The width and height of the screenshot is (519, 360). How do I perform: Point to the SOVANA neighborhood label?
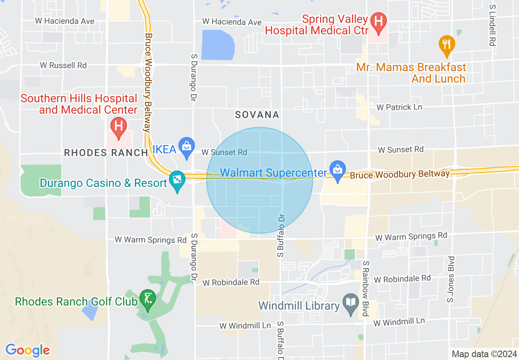pos(257,115)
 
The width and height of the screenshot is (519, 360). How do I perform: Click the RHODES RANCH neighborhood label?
pos(106,153)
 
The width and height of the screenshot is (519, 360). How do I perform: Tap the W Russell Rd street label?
pos(63,65)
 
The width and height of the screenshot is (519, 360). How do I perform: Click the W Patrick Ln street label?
pos(399,107)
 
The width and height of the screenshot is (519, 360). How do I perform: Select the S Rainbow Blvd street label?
pos(366,289)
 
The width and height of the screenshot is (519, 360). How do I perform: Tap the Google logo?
pos(27,350)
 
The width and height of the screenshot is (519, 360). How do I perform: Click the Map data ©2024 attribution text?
pos(484,354)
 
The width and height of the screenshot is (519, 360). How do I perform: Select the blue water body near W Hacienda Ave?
pos(218,45)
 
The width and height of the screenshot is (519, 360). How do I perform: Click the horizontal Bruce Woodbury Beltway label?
pos(399,175)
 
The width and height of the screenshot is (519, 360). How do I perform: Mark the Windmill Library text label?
pos(299,306)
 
